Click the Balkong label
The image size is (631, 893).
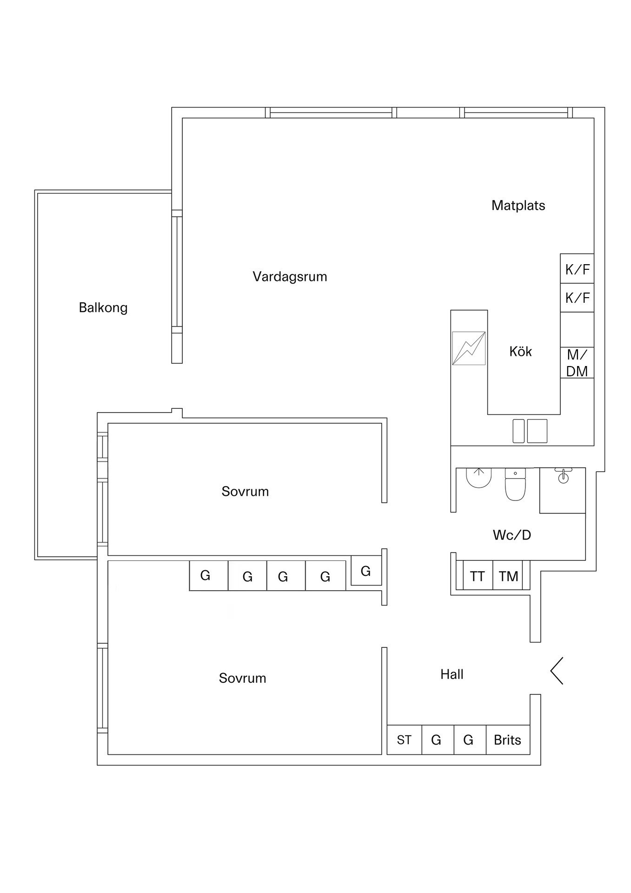point(103,307)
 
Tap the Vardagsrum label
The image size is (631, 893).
point(290,277)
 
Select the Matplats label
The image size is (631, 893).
point(518,205)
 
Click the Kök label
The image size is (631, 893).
point(520,351)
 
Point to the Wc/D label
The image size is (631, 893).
point(511,535)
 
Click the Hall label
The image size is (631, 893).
point(452,674)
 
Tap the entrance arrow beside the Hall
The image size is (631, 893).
point(557,671)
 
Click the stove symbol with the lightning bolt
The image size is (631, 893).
point(469,348)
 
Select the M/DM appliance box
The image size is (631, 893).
point(577,363)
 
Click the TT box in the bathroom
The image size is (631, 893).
point(478,576)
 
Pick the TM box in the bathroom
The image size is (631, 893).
point(508,576)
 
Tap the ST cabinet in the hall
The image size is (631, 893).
point(404,740)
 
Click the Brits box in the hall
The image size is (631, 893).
point(507,740)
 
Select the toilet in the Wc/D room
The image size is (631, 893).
point(515,485)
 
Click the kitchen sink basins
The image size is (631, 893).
point(530,431)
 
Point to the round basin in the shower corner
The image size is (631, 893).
point(563,476)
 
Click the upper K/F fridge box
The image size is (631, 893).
point(577,269)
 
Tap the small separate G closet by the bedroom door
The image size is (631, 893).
point(366,571)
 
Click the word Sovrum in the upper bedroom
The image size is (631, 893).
point(245,491)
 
